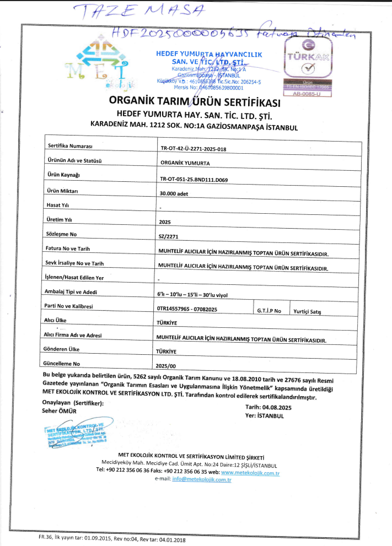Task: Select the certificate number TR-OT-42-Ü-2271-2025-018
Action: pyautogui.click(x=193, y=149)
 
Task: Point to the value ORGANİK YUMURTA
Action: pyautogui.click(x=185, y=164)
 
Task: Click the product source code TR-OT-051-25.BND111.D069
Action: pyautogui.click(x=197, y=179)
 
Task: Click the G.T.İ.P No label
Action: pyautogui.click(x=269, y=311)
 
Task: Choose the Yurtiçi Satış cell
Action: pyautogui.click(x=308, y=312)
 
